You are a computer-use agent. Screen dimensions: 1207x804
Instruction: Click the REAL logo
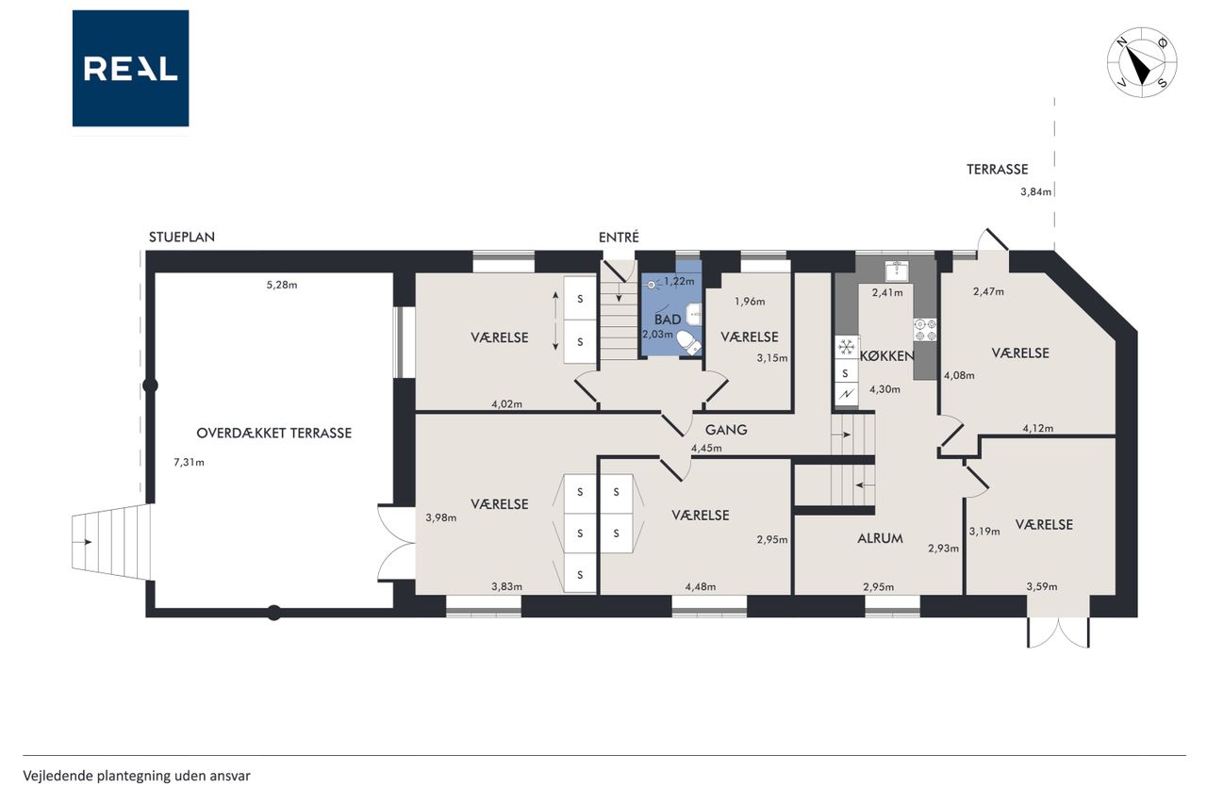pos(130,69)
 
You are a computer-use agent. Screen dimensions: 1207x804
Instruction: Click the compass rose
pos(1142,62)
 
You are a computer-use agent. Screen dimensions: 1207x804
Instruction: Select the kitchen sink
pos(897,271)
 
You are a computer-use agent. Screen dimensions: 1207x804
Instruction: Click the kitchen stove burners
pos(925,330)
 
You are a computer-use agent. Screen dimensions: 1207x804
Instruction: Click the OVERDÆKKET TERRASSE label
pos(273,433)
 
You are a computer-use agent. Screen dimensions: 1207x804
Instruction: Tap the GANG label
pos(726,430)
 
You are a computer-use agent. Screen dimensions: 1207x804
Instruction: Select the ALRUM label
pos(880,538)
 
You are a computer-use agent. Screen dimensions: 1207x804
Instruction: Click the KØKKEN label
pos(887,356)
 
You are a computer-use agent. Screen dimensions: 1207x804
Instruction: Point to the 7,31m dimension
pos(189,462)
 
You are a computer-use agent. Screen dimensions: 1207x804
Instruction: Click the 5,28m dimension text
pos(282,285)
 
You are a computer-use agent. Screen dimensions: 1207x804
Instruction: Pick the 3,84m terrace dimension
pos(1035,191)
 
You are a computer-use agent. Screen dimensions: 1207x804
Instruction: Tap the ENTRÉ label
pos(619,237)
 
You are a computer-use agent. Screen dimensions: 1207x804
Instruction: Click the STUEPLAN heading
pos(182,237)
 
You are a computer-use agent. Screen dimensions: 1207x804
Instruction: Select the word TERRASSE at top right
pos(998,169)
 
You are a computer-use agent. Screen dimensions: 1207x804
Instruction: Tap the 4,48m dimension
pos(701,587)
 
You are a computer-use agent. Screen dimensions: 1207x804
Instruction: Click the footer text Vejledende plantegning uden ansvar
pos(137,776)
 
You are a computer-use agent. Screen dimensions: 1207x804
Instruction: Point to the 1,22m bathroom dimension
pos(679,281)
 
